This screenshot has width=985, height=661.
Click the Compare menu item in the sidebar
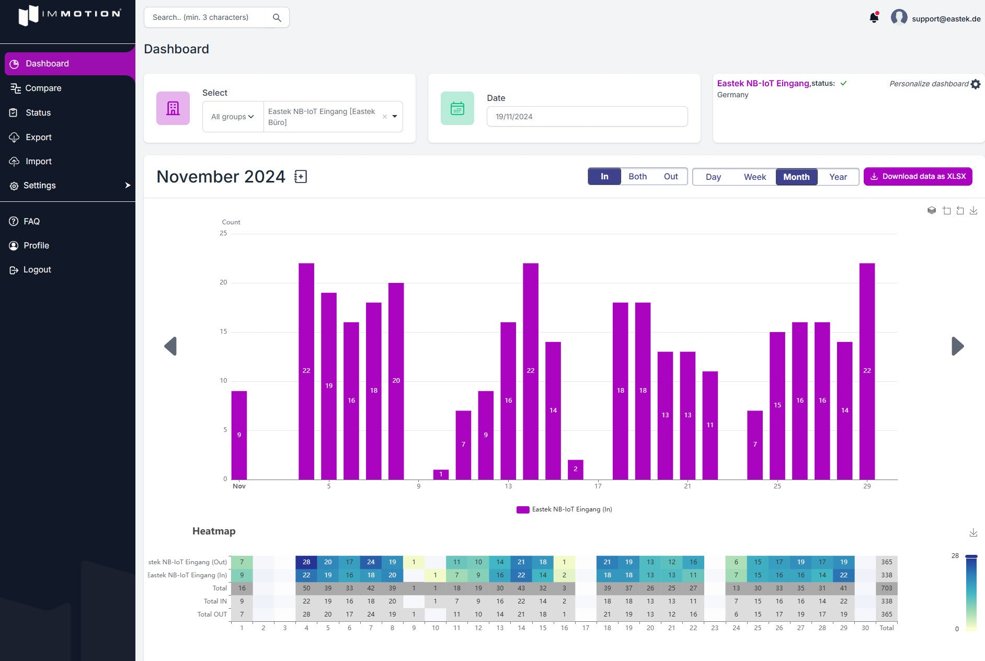pos(43,88)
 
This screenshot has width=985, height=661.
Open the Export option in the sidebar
pos(38,137)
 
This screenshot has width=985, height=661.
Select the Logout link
pos(37,269)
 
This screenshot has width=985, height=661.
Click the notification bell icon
pos(874,18)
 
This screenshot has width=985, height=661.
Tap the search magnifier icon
pos(277,18)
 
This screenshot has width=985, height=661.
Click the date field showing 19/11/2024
pos(587,117)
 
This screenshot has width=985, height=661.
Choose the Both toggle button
pos(637,177)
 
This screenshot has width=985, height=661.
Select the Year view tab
pos(838,177)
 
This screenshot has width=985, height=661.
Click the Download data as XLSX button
pos(918,177)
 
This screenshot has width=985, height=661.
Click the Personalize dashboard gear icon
pos(976,84)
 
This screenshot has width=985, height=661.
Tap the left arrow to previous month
pos(170,346)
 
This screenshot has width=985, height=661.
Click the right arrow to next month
pos(957,346)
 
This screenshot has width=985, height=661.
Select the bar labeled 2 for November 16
pos(575,469)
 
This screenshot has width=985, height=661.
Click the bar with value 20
pos(396,381)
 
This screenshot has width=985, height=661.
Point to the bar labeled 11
pos(709,425)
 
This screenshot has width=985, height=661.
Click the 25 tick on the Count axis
pos(223,233)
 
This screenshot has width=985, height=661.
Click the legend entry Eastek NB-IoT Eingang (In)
pos(565,509)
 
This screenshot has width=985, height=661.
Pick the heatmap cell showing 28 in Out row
pos(306,562)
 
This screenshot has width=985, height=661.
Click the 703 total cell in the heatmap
pos(886,588)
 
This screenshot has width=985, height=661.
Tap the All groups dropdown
pos(233,117)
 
